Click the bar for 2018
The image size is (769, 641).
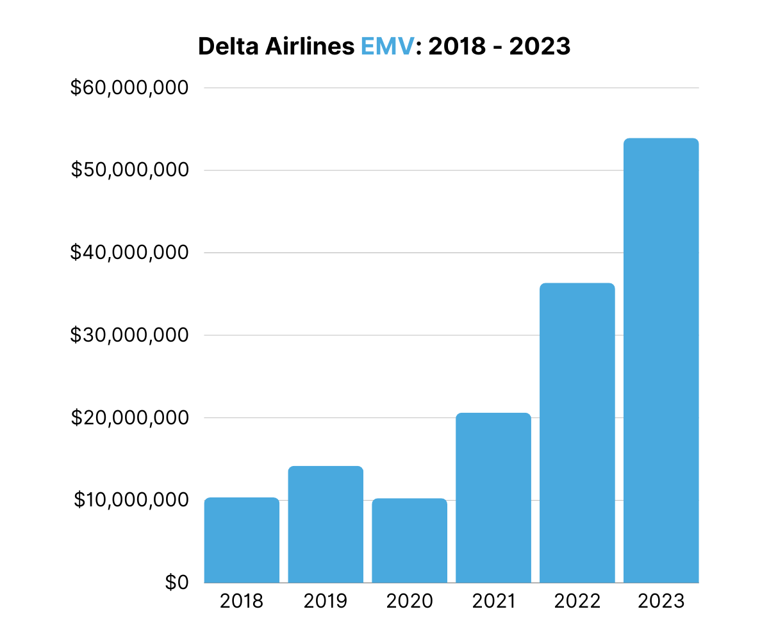242,540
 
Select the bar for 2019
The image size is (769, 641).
326,524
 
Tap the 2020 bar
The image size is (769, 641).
409,540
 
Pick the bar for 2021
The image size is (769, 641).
493,497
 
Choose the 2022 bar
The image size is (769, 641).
577,433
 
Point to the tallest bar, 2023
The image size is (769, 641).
661,360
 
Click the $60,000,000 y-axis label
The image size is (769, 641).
129,88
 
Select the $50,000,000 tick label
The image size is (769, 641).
129,170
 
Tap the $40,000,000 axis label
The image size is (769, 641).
129,253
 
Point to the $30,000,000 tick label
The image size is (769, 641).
129,335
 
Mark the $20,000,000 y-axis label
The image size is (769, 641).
129,418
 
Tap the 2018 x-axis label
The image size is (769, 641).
242,602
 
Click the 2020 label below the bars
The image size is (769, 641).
409,602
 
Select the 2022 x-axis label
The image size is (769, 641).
577,602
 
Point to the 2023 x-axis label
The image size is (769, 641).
661,602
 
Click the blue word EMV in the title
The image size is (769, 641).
388,46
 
